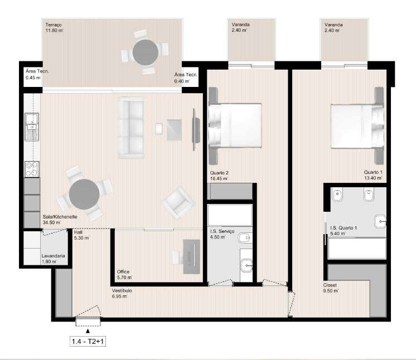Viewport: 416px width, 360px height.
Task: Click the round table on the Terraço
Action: pos(144,51)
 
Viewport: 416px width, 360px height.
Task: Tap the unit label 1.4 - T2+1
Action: pos(88,341)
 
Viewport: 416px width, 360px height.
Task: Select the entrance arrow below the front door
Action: pos(87,331)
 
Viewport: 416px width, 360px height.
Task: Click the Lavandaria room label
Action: pos(54,258)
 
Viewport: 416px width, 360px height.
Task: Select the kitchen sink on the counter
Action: pos(31,128)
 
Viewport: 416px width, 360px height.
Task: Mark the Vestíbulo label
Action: pos(122,293)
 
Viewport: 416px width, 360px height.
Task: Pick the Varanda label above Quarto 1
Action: pos(333,28)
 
